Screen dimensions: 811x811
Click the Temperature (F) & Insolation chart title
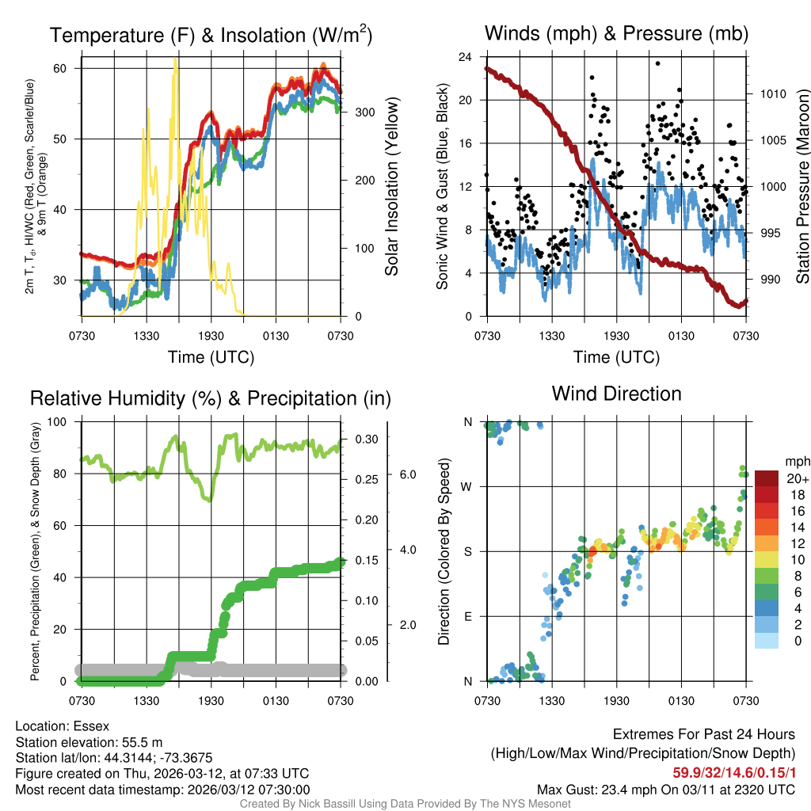click(211, 36)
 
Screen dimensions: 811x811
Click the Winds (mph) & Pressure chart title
click(616, 33)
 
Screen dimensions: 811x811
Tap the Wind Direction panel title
click(616, 394)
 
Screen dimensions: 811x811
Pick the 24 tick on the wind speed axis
click(466, 57)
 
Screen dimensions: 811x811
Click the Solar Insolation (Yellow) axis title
click(391, 187)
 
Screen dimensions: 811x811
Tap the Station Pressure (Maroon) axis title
click(801, 187)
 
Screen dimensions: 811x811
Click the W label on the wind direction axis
click(468, 486)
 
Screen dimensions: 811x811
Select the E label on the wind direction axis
click(468, 616)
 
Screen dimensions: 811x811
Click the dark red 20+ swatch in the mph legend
click(767, 479)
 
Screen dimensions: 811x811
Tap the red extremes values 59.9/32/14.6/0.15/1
click(733, 772)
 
